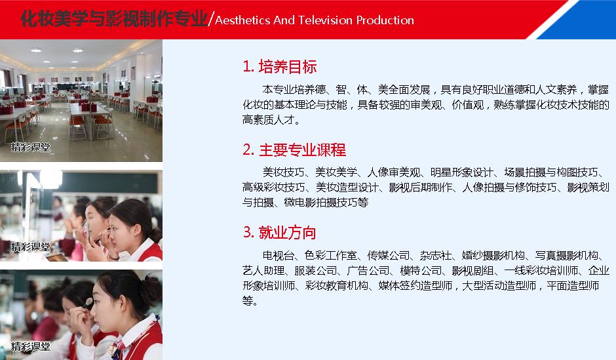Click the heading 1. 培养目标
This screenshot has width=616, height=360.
pyautogui.click(x=280, y=67)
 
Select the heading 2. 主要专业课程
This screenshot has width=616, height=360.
pyautogui.click(x=294, y=150)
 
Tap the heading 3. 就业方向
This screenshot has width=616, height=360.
pyautogui.click(x=280, y=232)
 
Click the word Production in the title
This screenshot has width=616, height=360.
pyautogui.click(x=385, y=20)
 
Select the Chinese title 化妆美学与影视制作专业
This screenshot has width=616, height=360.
pyautogui.click(x=114, y=19)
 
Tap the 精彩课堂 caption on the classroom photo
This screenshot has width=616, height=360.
pyautogui.click(x=31, y=148)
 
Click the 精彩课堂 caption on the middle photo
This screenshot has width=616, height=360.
pyautogui.click(x=31, y=247)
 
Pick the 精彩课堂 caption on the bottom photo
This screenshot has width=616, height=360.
pyautogui.click(x=31, y=346)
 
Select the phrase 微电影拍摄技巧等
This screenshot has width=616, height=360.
pyautogui.click(x=326, y=203)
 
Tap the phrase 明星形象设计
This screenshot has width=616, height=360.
pyautogui.click(x=461, y=172)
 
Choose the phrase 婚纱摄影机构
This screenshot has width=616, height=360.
pyautogui.click(x=493, y=256)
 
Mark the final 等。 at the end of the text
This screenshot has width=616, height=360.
pyautogui.click(x=250, y=301)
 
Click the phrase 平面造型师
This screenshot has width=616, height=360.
pyautogui.click(x=573, y=286)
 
